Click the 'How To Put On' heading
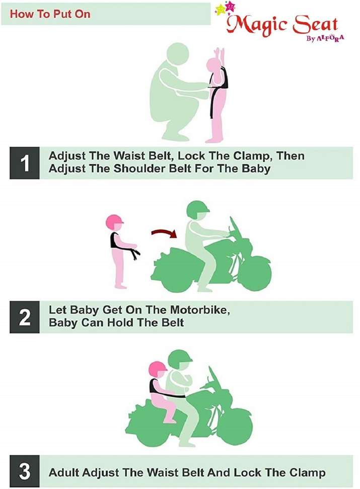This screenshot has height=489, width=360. click(50, 14)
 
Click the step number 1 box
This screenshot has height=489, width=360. click(24, 163)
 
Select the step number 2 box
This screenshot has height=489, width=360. click(24, 317)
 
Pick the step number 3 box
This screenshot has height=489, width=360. click(24, 471)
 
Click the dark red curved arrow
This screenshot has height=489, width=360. click(164, 233)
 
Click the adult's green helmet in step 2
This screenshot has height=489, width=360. click(198, 210)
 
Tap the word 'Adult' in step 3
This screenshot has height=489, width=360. click(64, 472)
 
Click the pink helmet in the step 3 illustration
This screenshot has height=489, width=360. click(158, 370)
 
